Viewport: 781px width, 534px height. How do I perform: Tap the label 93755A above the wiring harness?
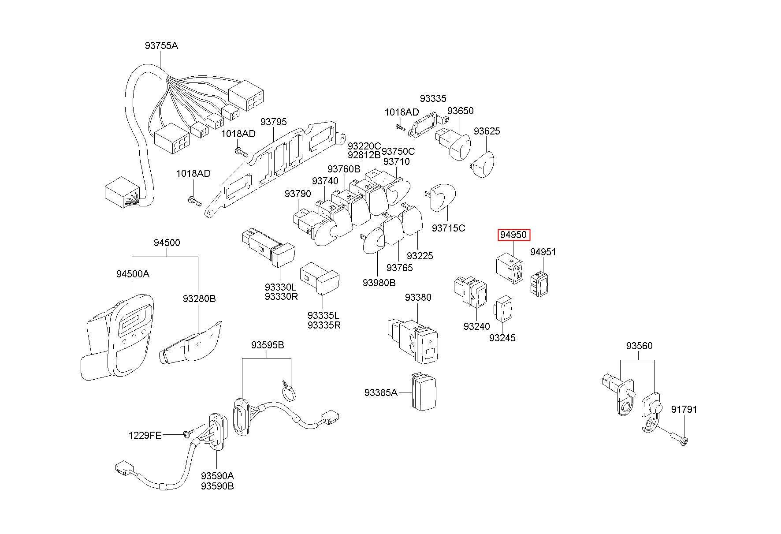coord(161,45)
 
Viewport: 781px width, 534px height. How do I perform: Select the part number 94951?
coord(543,252)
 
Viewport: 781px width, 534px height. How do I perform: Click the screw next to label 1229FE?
coord(188,434)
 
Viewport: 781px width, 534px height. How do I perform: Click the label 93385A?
coord(380,392)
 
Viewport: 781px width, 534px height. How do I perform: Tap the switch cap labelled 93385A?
coord(424,392)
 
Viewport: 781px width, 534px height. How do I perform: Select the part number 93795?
coord(273,122)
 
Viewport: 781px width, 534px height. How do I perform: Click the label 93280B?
coord(199,299)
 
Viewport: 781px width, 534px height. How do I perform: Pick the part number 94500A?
coord(133,274)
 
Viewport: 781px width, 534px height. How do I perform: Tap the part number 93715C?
coord(448,228)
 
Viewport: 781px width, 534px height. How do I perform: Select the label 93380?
coord(418,297)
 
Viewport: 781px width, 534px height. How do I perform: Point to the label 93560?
coord(639,346)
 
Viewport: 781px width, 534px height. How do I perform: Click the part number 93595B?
coord(268,345)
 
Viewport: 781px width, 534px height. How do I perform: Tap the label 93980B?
coord(379,283)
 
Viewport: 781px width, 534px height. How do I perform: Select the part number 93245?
coord(502,338)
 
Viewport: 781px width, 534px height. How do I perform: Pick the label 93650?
coord(460,111)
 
